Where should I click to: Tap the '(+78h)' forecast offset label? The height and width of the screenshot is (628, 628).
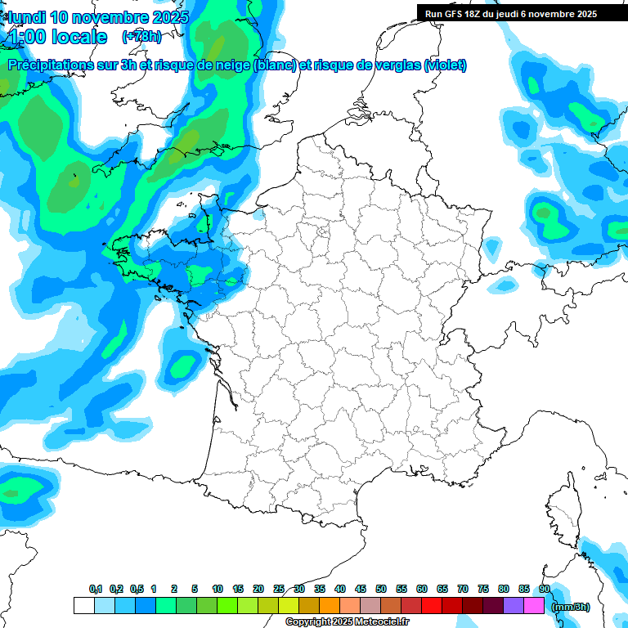[141, 36]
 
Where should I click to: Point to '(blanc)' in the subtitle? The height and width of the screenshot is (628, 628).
[274, 65]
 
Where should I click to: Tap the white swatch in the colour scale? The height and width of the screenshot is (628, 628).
[83, 606]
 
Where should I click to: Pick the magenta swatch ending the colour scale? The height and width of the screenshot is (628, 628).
[534, 606]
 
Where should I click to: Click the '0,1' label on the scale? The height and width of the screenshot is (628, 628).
[96, 590]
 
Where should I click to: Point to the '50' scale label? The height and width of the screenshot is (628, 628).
[381, 590]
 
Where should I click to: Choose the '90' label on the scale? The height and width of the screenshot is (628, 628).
[544, 590]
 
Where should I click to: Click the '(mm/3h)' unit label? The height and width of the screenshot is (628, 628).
[570, 607]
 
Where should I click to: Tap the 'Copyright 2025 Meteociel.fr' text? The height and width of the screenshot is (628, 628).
[347, 622]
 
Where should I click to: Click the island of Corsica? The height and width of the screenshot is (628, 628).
[563, 512]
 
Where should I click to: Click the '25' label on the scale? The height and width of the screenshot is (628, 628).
[279, 590]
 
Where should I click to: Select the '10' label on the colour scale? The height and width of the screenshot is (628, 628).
[218, 590]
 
